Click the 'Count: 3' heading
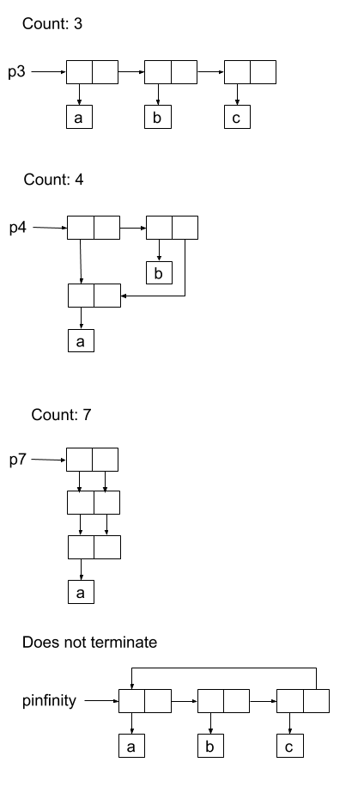[x=52, y=23]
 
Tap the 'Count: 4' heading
[x=53, y=180]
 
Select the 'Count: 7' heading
[x=61, y=415]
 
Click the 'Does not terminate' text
[x=89, y=642]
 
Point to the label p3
[x=16, y=72]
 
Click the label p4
[x=18, y=228]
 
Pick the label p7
[x=18, y=460]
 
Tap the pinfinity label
[x=50, y=701]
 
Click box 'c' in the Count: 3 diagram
[x=237, y=117]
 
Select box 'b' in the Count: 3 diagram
[x=158, y=117]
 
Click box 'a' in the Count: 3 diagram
[x=80, y=117]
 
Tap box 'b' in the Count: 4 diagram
[x=160, y=272]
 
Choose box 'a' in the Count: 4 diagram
[x=81, y=340]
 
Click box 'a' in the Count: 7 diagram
[x=81, y=592]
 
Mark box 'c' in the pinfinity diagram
[x=290, y=746]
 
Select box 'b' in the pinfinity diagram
[x=211, y=746]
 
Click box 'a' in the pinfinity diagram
[x=132, y=746]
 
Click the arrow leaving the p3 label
[x=49, y=72]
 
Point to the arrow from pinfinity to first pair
[x=101, y=701]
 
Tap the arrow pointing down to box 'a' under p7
[x=81, y=570]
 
